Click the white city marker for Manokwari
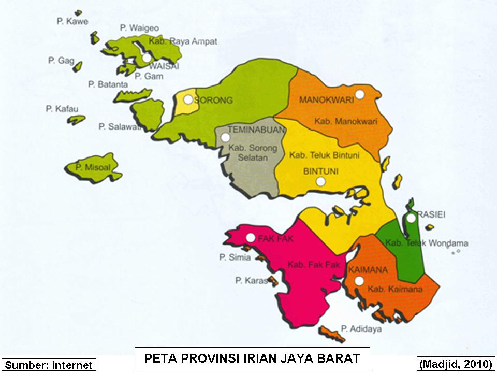(x=361, y=94)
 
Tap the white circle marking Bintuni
(x=321, y=181)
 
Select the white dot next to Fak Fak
(x=251, y=238)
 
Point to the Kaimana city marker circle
(x=359, y=281)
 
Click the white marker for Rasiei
(x=411, y=218)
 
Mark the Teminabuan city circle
(x=225, y=138)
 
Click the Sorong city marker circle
(x=188, y=98)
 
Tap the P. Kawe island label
(x=72, y=21)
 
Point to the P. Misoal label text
(x=92, y=167)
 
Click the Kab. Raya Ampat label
(x=176, y=41)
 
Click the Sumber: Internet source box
(x=49, y=365)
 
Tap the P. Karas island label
(x=251, y=281)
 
